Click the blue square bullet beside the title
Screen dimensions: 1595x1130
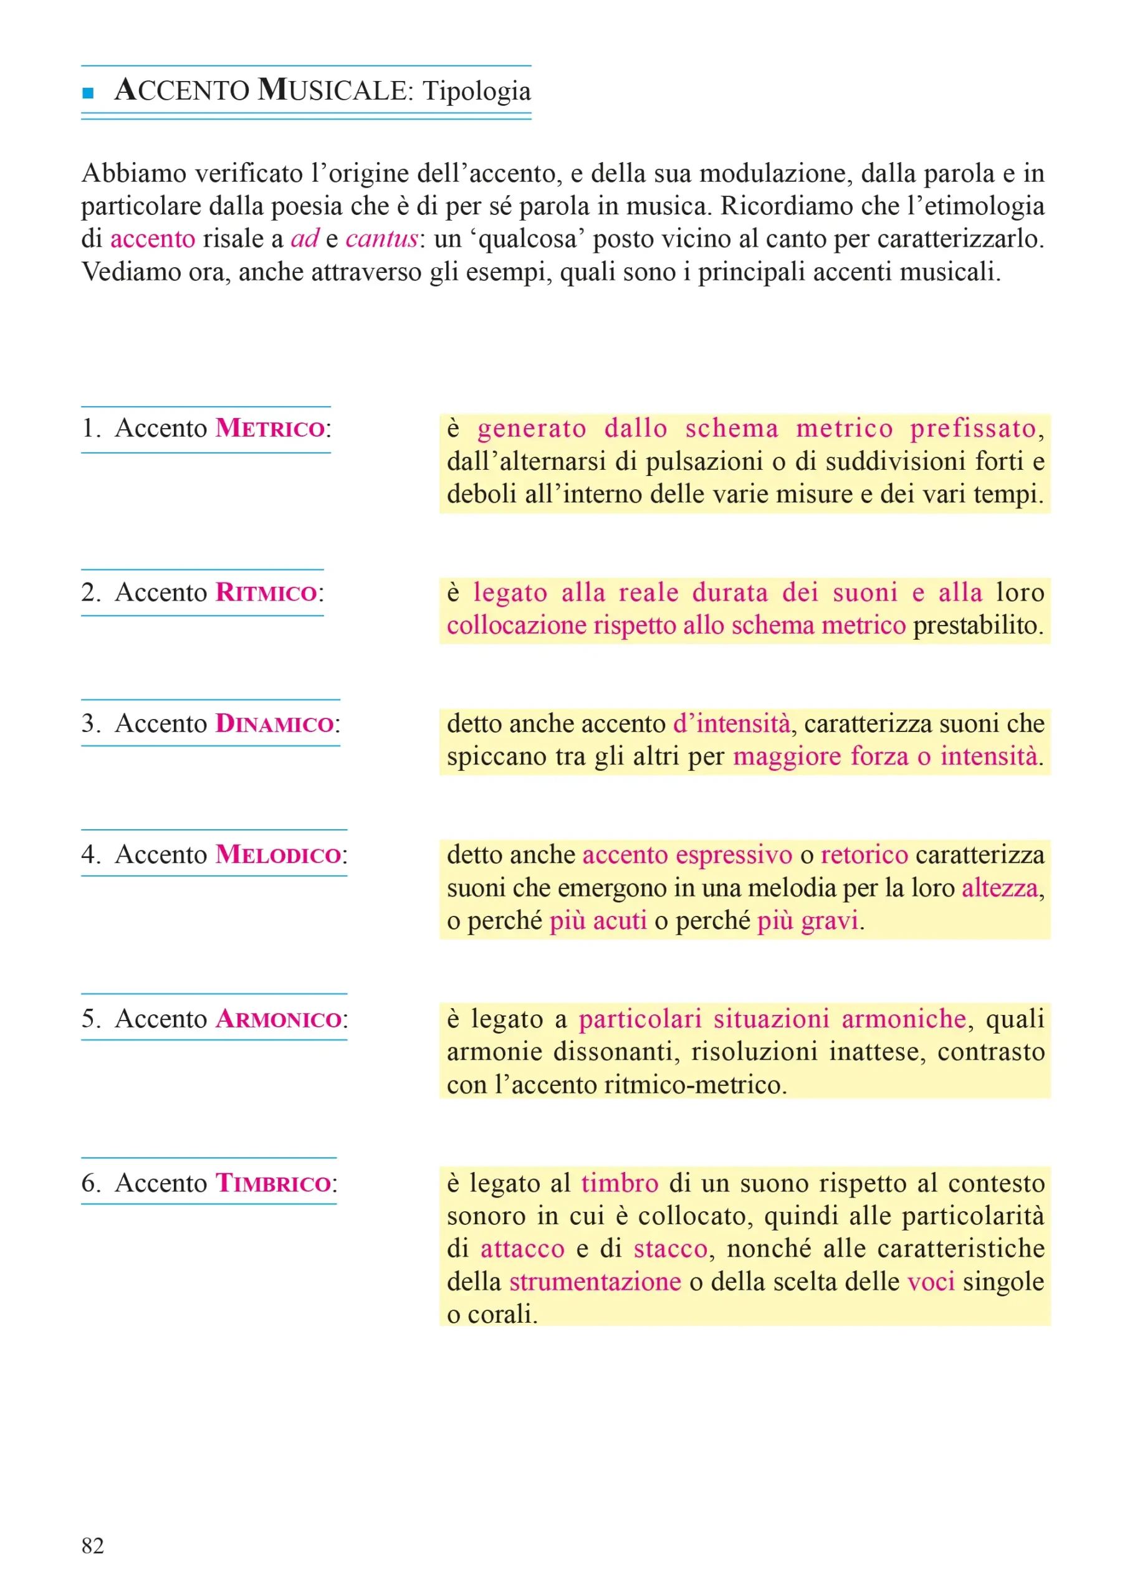click(88, 92)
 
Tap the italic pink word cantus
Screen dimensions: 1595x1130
click(381, 239)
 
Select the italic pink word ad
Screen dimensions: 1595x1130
click(305, 239)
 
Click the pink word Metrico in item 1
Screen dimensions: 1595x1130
click(270, 429)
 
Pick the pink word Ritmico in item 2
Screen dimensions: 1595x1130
click(267, 593)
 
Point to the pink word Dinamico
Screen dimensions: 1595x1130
click(274, 723)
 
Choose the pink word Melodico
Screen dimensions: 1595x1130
click(279, 854)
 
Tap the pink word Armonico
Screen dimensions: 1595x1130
click(279, 1019)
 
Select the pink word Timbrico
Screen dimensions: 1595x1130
click(273, 1183)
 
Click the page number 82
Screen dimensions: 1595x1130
click(92, 1546)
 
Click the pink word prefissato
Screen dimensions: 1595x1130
click(974, 429)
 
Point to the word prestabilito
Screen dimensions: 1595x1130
click(979, 626)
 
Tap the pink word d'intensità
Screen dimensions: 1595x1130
click(731, 724)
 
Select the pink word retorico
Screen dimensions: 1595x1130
click(864, 855)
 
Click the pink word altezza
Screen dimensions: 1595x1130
click(1000, 888)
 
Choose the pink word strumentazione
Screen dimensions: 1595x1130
click(595, 1282)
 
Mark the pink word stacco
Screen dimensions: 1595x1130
click(671, 1249)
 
